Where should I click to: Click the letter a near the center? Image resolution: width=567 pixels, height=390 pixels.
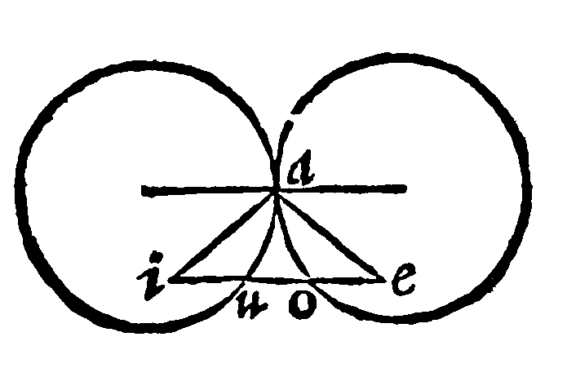coord(301,170)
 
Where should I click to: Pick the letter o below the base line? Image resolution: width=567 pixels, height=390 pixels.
coord(303,306)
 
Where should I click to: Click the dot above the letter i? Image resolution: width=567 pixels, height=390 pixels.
coord(157,257)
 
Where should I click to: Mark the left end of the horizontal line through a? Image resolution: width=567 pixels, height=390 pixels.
coord(143,190)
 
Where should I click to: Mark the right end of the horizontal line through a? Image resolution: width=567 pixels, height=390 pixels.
coord(405,188)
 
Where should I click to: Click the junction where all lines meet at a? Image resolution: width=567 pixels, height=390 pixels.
coord(277,192)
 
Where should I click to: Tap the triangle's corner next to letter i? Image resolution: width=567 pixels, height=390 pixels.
coord(170,280)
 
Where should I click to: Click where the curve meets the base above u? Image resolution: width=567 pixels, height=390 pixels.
coord(246,278)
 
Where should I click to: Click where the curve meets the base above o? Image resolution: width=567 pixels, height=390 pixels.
coord(308,278)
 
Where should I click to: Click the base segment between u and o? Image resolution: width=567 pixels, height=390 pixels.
coord(277,279)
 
